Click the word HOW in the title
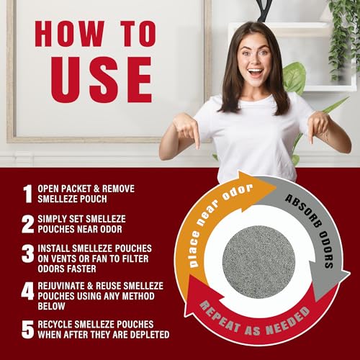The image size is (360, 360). click(70, 34)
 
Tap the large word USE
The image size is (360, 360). click(102, 80)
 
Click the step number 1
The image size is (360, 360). click(28, 194)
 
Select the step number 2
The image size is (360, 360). click(28, 224)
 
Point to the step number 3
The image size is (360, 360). click(28, 253)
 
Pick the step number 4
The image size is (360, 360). click(27, 291)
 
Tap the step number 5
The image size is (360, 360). click(28, 330)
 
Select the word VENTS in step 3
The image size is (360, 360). click(63, 258)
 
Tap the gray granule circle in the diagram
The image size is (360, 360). click(258, 262)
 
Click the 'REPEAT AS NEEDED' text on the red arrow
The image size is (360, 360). click(254, 322)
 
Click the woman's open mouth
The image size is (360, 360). click(256, 73)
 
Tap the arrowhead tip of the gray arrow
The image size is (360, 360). click(316, 300)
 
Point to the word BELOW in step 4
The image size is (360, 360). click(51, 306)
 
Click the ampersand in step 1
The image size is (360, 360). click(96, 189)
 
